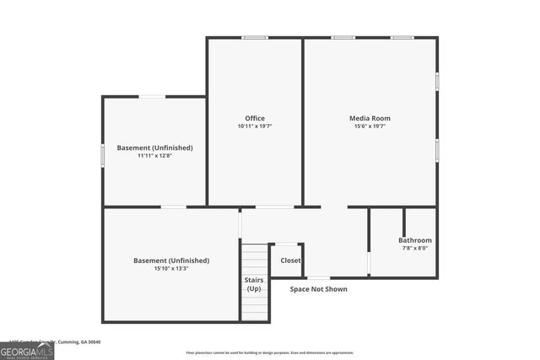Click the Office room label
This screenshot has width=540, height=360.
(x=254, y=118)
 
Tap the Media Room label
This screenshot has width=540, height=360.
(x=370, y=118)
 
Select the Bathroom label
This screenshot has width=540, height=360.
(x=415, y=240)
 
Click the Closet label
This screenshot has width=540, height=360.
(x=290, y=261)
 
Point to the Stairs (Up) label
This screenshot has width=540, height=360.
(x=254, y=284)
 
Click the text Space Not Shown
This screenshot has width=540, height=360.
(x=318, y=289)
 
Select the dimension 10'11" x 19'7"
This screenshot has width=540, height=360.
(x=254, y=126)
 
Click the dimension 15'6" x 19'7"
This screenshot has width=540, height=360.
(x=370, y=126)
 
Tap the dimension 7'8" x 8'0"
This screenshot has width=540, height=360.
(x=414, y=248)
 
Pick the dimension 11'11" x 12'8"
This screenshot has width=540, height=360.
(x=154, y=156)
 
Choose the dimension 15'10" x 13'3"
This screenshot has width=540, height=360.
(x=171, y=269)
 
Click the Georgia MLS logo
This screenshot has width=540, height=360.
(x=27, y=350)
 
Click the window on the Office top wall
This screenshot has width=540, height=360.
(x=255, y=37)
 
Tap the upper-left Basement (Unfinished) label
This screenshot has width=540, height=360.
(x=154, y=148)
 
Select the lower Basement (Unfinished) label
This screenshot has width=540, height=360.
(x=171, y=261)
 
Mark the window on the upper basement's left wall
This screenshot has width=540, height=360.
(x=103, y=155)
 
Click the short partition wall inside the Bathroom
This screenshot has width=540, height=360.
(x=403, y=221)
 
